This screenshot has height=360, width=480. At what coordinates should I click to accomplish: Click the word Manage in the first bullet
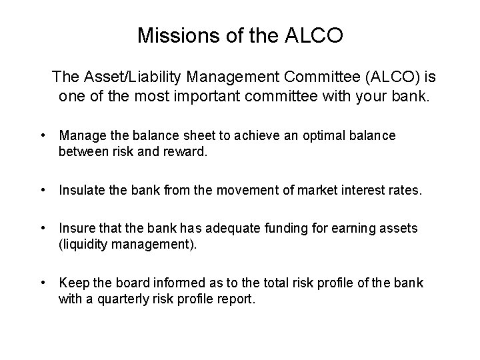(x=79, y=136)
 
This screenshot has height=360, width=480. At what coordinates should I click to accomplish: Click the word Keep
(x=71, y=283)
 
